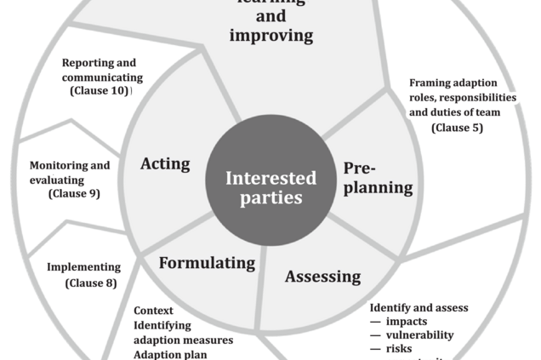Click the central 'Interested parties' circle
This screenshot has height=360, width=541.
[270, 187]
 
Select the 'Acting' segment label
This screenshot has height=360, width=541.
[165, 163]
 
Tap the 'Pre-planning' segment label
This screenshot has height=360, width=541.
[378, 177]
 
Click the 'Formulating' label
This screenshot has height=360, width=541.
[207, 262]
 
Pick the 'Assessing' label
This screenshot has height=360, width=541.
[322, 277]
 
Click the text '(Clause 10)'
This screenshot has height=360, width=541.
[100, 90]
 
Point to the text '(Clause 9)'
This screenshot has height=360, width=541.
[75, 193]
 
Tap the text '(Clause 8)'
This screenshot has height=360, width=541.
[91, 283]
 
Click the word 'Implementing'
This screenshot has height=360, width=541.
[83, 267]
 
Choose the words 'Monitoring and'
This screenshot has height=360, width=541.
[70, 165]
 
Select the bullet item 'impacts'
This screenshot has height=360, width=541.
[407, 321]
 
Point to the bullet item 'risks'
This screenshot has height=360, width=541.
[401, 349]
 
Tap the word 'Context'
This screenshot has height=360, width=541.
[153, 311]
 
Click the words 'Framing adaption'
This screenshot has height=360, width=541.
[454, 83]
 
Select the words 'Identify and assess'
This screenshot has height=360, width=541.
[419, 307]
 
